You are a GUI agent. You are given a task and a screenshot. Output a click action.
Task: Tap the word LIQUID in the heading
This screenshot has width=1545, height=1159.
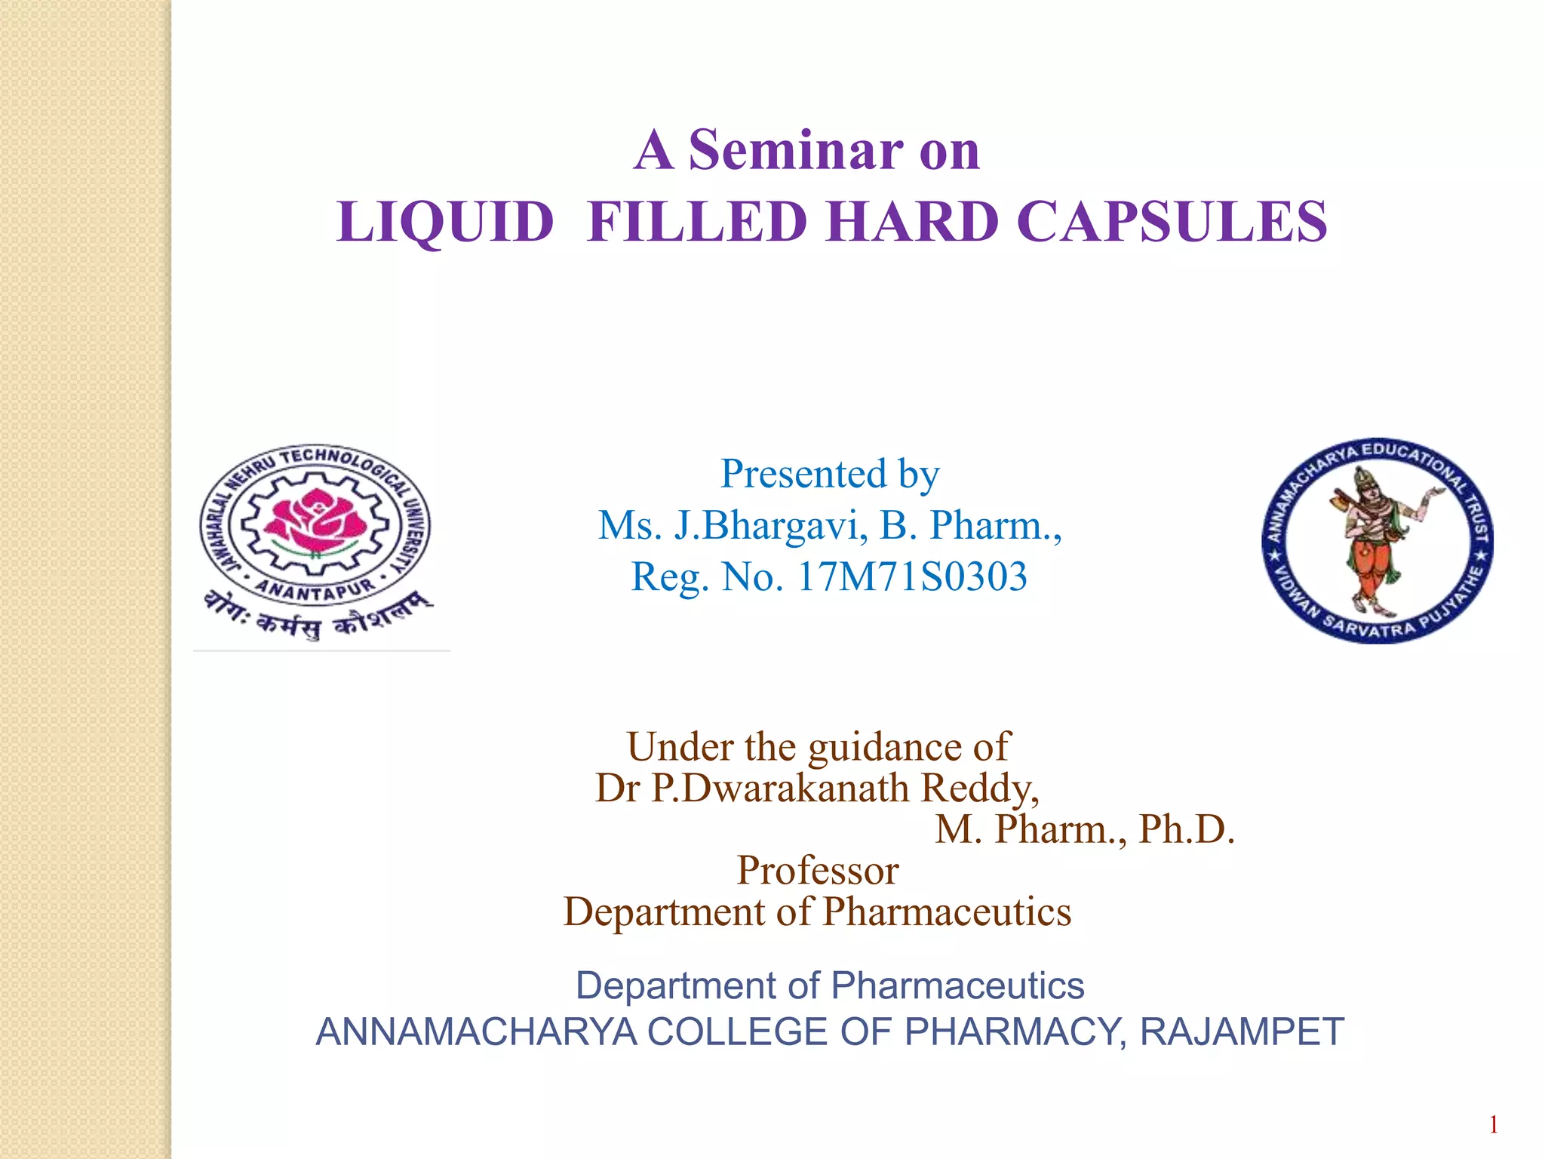click(445, 223)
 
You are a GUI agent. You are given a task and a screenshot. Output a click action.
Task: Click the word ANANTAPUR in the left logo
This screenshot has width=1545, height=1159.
click(315, 588)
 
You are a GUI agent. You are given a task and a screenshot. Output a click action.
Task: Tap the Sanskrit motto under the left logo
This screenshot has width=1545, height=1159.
click(317, 615)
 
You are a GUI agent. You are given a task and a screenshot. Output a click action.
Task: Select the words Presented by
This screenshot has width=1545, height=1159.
click(830, 475)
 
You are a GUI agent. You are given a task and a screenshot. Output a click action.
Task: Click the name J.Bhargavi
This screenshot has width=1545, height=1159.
click(769, 526)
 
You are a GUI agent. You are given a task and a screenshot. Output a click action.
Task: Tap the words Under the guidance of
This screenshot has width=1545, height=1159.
click(818, 747)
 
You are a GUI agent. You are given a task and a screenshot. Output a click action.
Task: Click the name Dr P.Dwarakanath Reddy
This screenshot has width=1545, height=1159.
click(817, 789)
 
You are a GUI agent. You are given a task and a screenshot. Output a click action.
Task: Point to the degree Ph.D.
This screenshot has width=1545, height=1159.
click(1186, 829)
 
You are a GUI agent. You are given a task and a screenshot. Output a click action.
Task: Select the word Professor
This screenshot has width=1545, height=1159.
click(818, 870)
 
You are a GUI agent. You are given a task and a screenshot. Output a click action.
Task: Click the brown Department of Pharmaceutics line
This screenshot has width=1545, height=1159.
click(818, 912)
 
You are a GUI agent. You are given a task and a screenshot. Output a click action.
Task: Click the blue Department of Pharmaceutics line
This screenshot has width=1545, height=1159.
click(830, 985)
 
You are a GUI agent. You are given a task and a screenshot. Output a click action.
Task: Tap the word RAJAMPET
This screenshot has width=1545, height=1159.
click(1242, 1031)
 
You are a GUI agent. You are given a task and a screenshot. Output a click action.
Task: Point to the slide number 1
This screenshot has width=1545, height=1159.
click(1493, 1125)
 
